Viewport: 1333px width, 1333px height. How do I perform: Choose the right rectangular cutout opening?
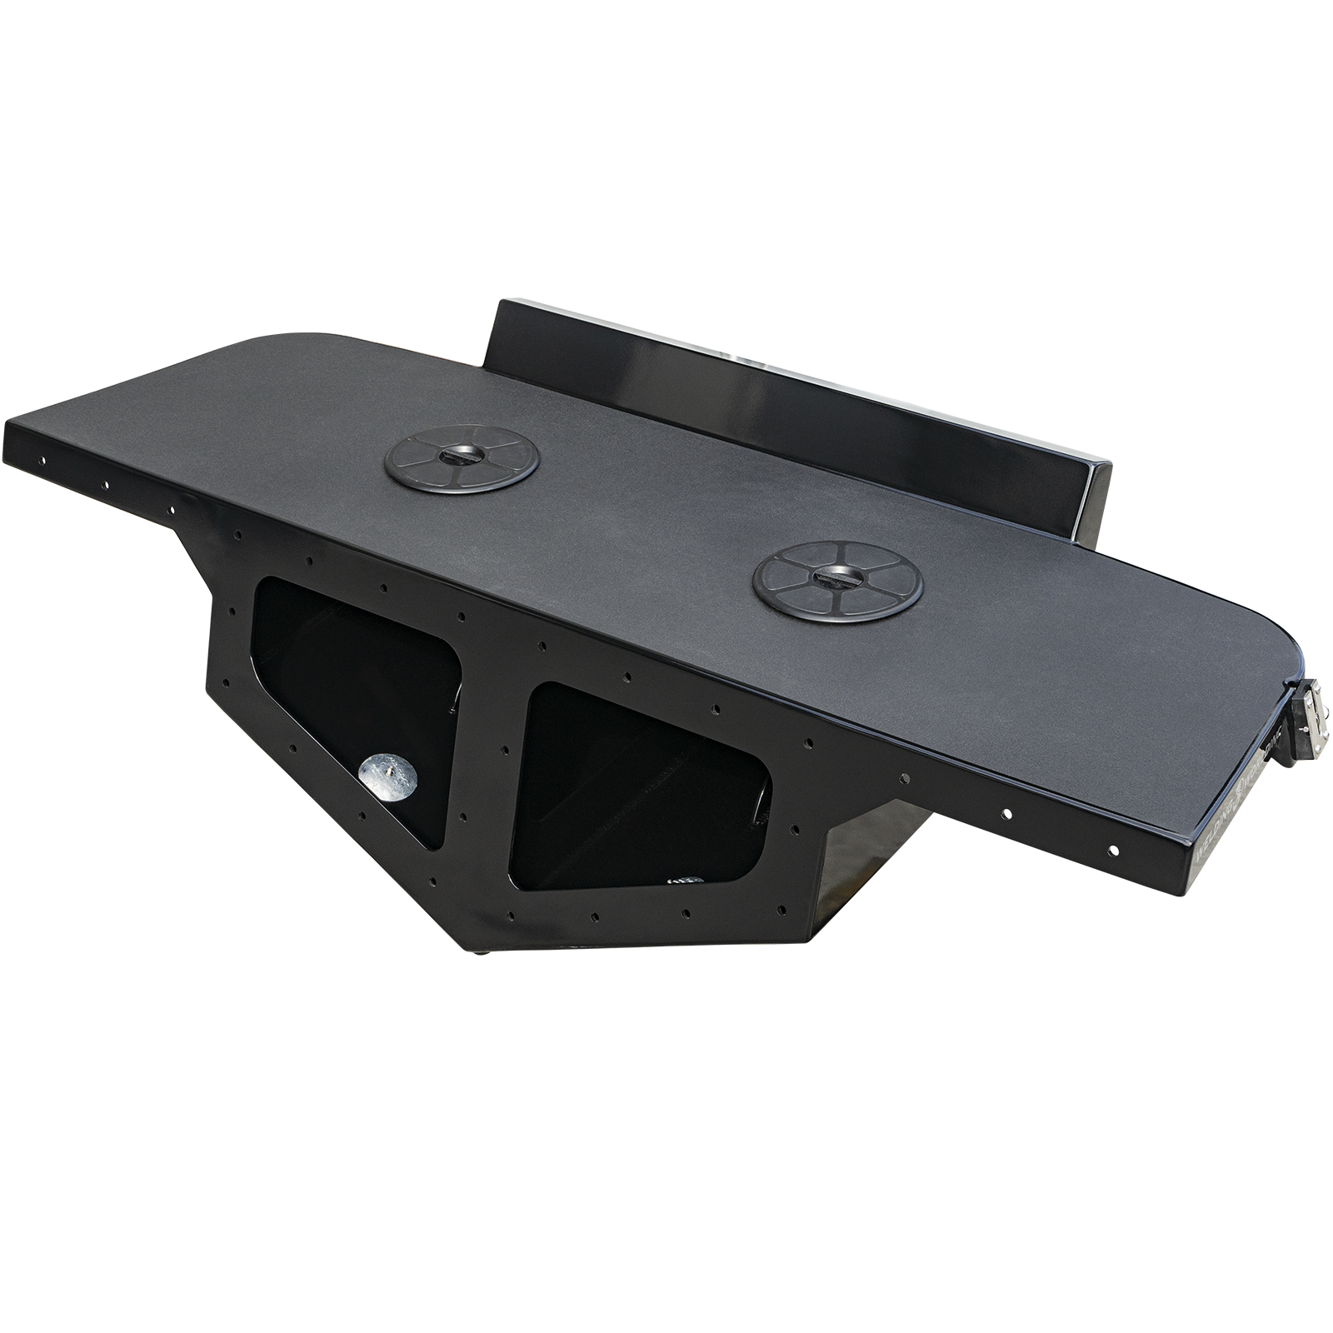[x=633, y=783]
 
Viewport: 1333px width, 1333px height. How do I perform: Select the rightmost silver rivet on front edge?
[x=1113, y=849]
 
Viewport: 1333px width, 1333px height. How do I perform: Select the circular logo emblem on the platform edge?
[x=1242, y=786]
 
